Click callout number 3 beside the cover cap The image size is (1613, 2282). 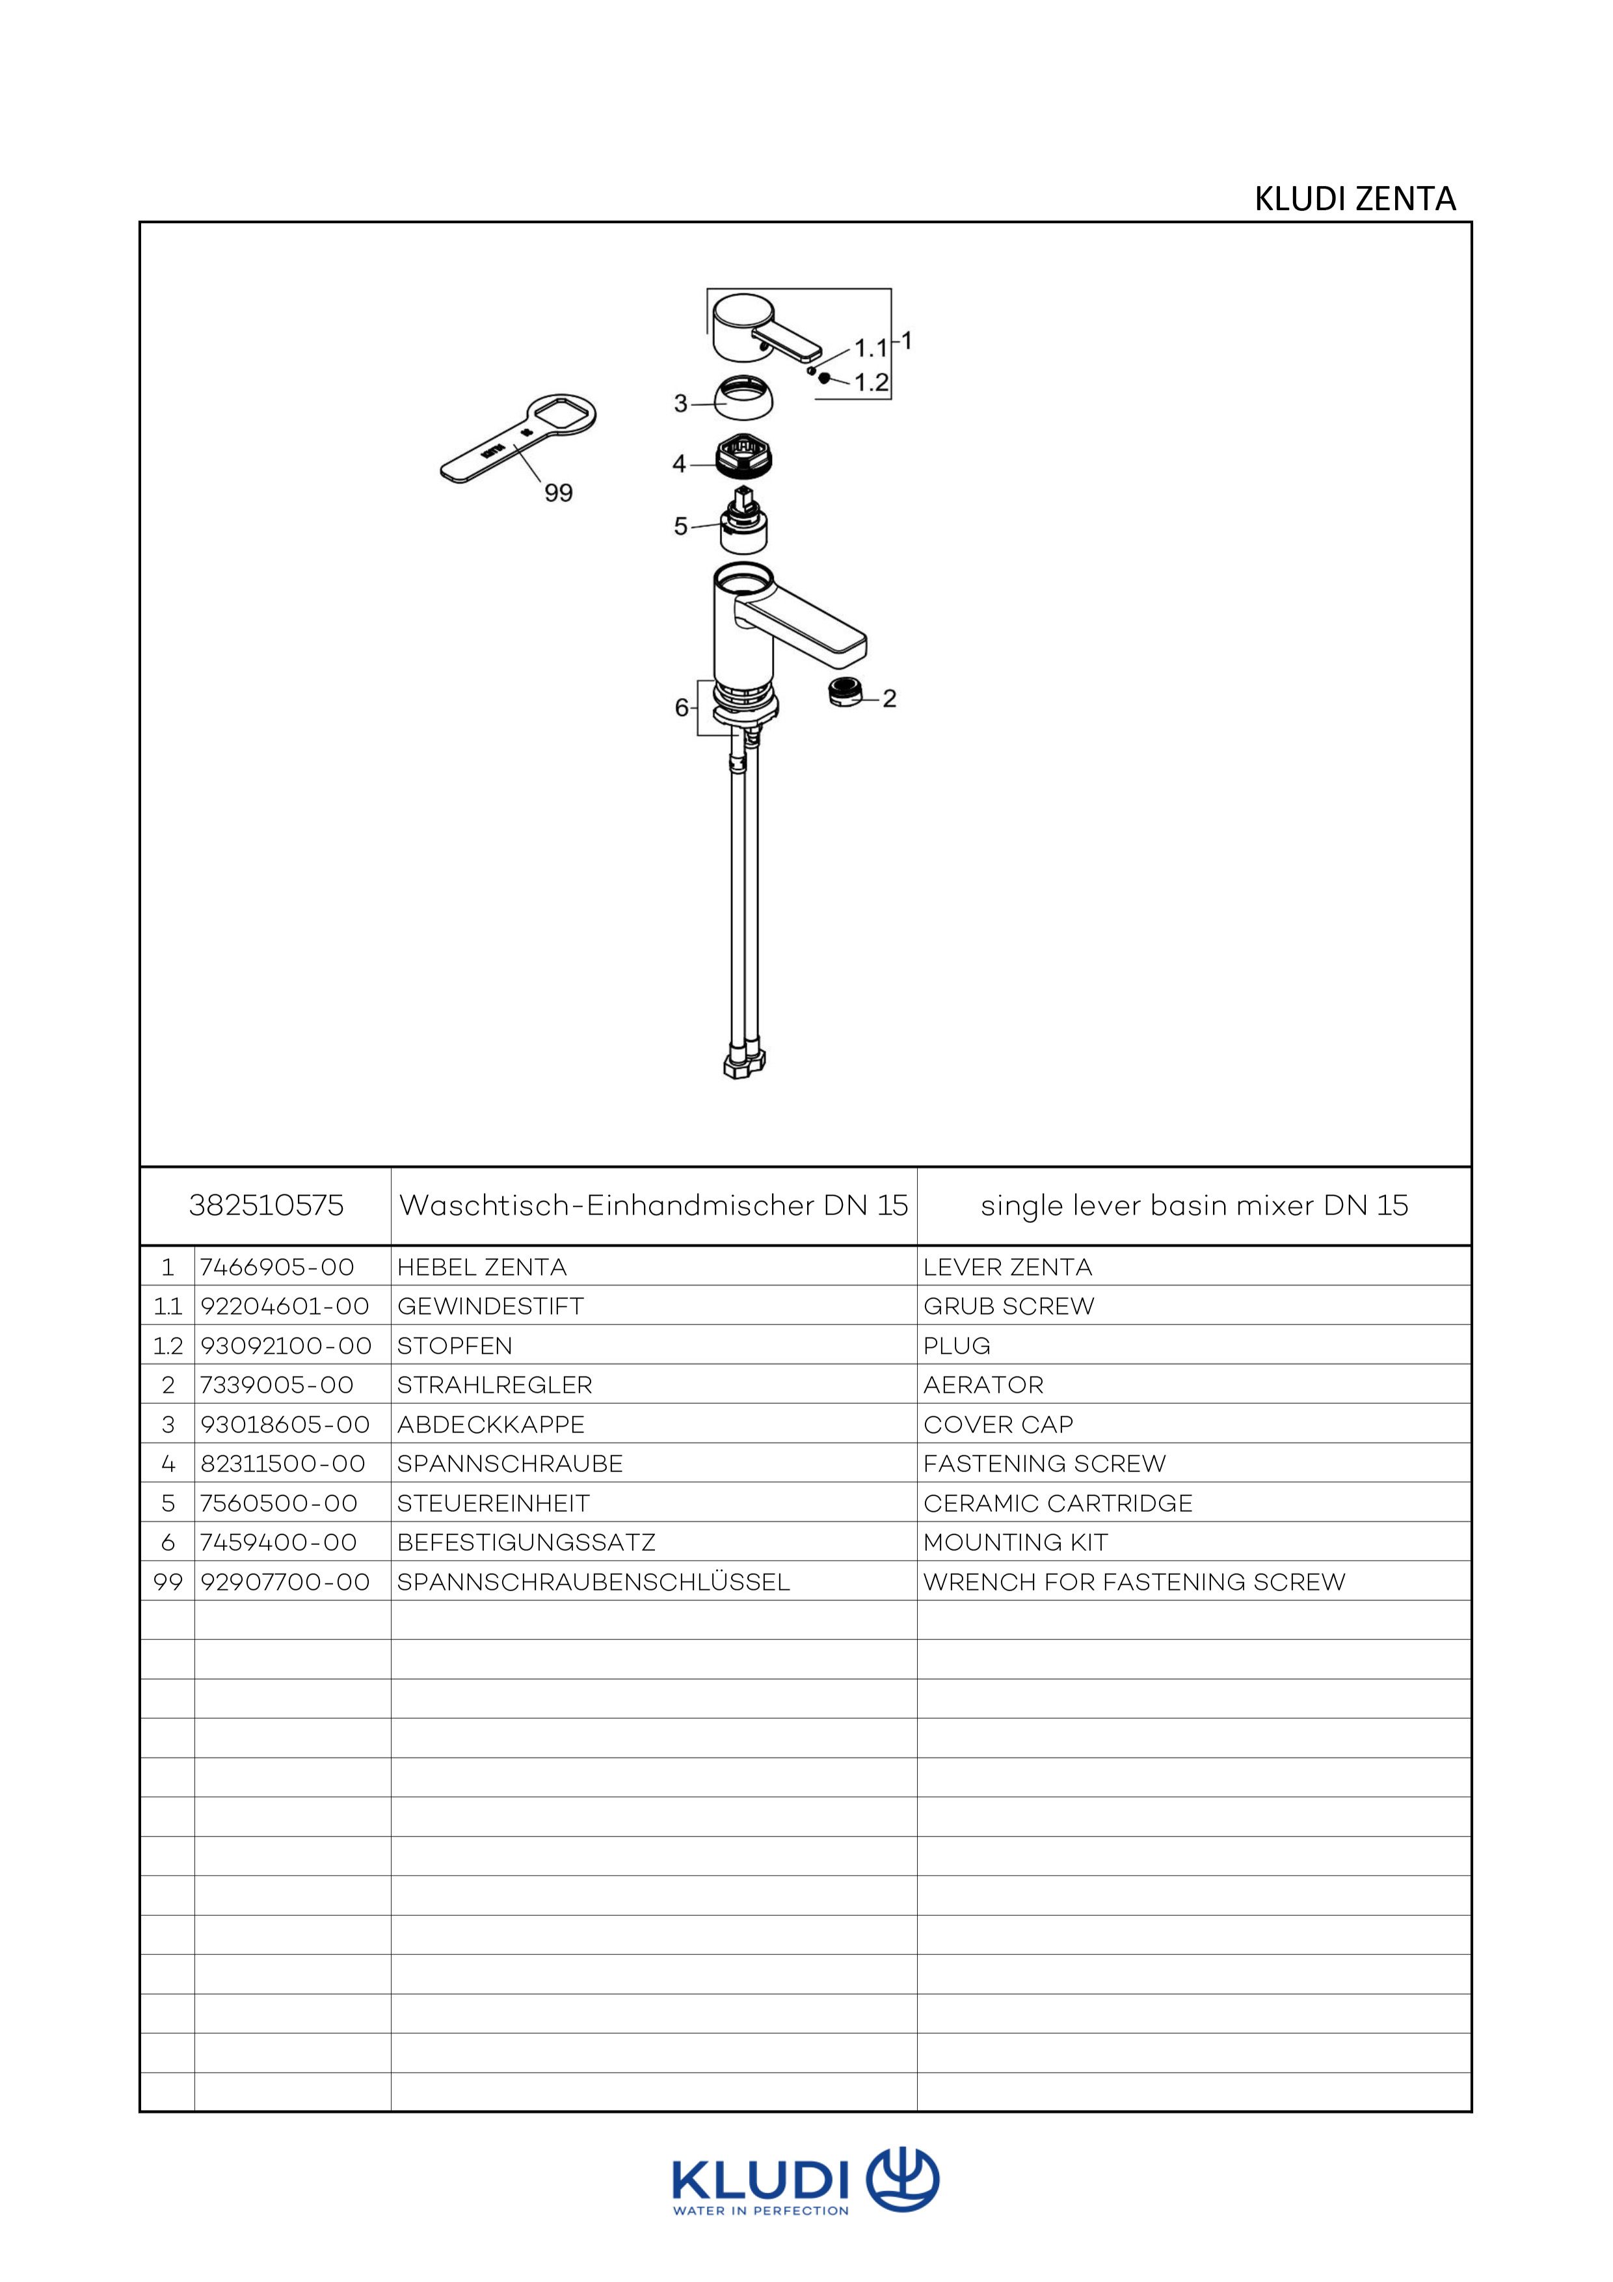coord(681,403)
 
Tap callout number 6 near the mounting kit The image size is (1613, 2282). coord(682,708)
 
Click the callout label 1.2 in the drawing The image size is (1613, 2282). coord(872,383)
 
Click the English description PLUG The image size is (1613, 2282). coord(957,1346)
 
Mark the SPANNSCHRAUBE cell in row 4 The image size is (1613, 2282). coord(510,1464)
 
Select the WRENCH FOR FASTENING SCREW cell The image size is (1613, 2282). coord(1134,1582)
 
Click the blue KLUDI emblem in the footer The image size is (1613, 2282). coord(902,2181)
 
